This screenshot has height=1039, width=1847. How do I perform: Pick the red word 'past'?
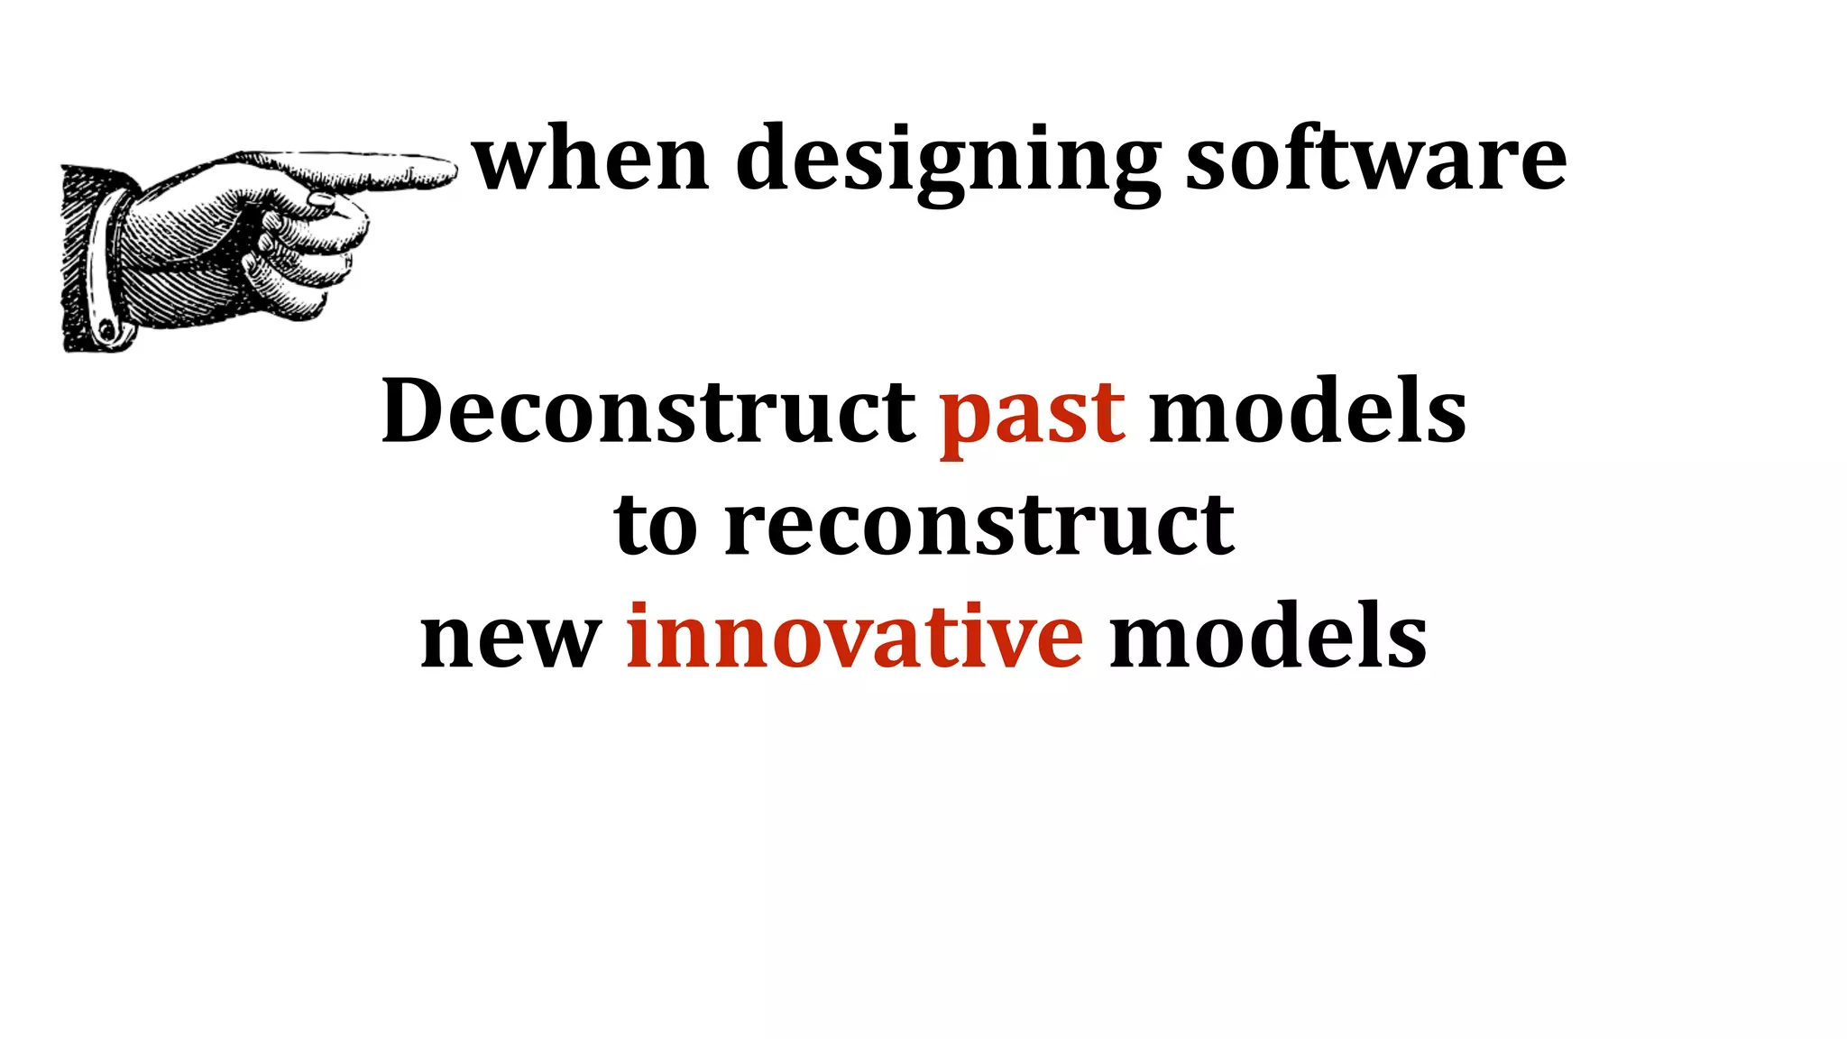pos(1032,417)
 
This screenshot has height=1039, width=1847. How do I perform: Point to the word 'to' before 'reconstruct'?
pos(655,526)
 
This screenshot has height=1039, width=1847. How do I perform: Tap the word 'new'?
pos(510,639)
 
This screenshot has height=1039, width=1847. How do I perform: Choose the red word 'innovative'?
pos(854,637)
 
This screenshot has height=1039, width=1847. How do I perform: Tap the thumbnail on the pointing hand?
pos(321,200)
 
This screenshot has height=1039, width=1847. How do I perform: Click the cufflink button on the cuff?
pos(107,330)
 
